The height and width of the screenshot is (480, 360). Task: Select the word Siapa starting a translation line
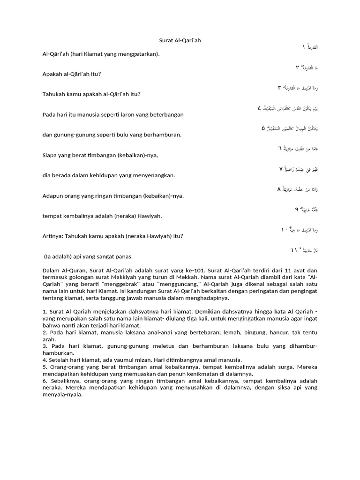(51, 155)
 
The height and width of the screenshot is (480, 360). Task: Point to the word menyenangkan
(153, 175)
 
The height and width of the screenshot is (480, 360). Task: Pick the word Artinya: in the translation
(53, 236)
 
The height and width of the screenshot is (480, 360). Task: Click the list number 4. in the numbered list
(45, 360)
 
